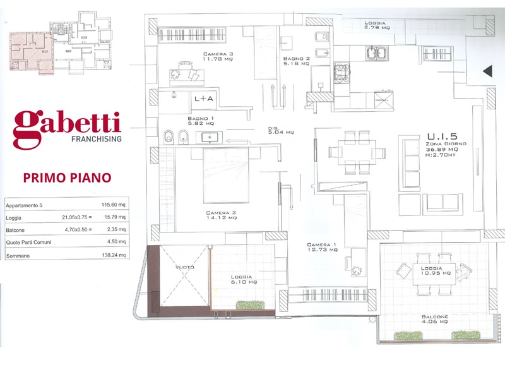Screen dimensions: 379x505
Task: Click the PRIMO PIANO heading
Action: [x=67, y=177]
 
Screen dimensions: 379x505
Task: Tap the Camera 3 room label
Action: [x=218, y=57]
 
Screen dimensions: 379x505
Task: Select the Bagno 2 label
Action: [x=297, y=60]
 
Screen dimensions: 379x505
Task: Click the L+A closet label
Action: [x=204, y=99]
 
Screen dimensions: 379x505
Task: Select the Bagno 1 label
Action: [x=201, y=121]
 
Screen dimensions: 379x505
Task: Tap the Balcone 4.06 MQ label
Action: [x=436, y=318]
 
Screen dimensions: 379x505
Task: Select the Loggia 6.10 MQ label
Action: [x=242, y=280]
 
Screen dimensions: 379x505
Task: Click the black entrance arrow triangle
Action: [x=487, y=71]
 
